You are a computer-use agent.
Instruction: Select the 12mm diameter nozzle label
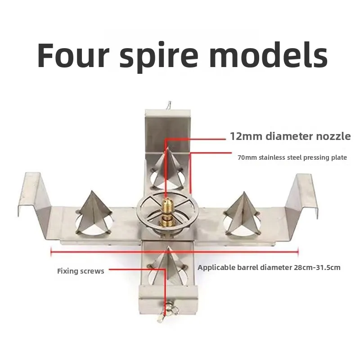[290, 136]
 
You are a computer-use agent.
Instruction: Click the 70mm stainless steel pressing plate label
[292, 157]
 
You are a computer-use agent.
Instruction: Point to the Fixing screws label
[81, 271]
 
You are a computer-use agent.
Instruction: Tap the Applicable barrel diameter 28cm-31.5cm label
[269, 267]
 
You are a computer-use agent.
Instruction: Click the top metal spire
[168, 167]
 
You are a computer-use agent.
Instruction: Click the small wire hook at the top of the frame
[169, 105]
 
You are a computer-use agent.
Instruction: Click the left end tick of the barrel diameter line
[51, 252]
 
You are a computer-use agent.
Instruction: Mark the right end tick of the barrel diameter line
[298, 252]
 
